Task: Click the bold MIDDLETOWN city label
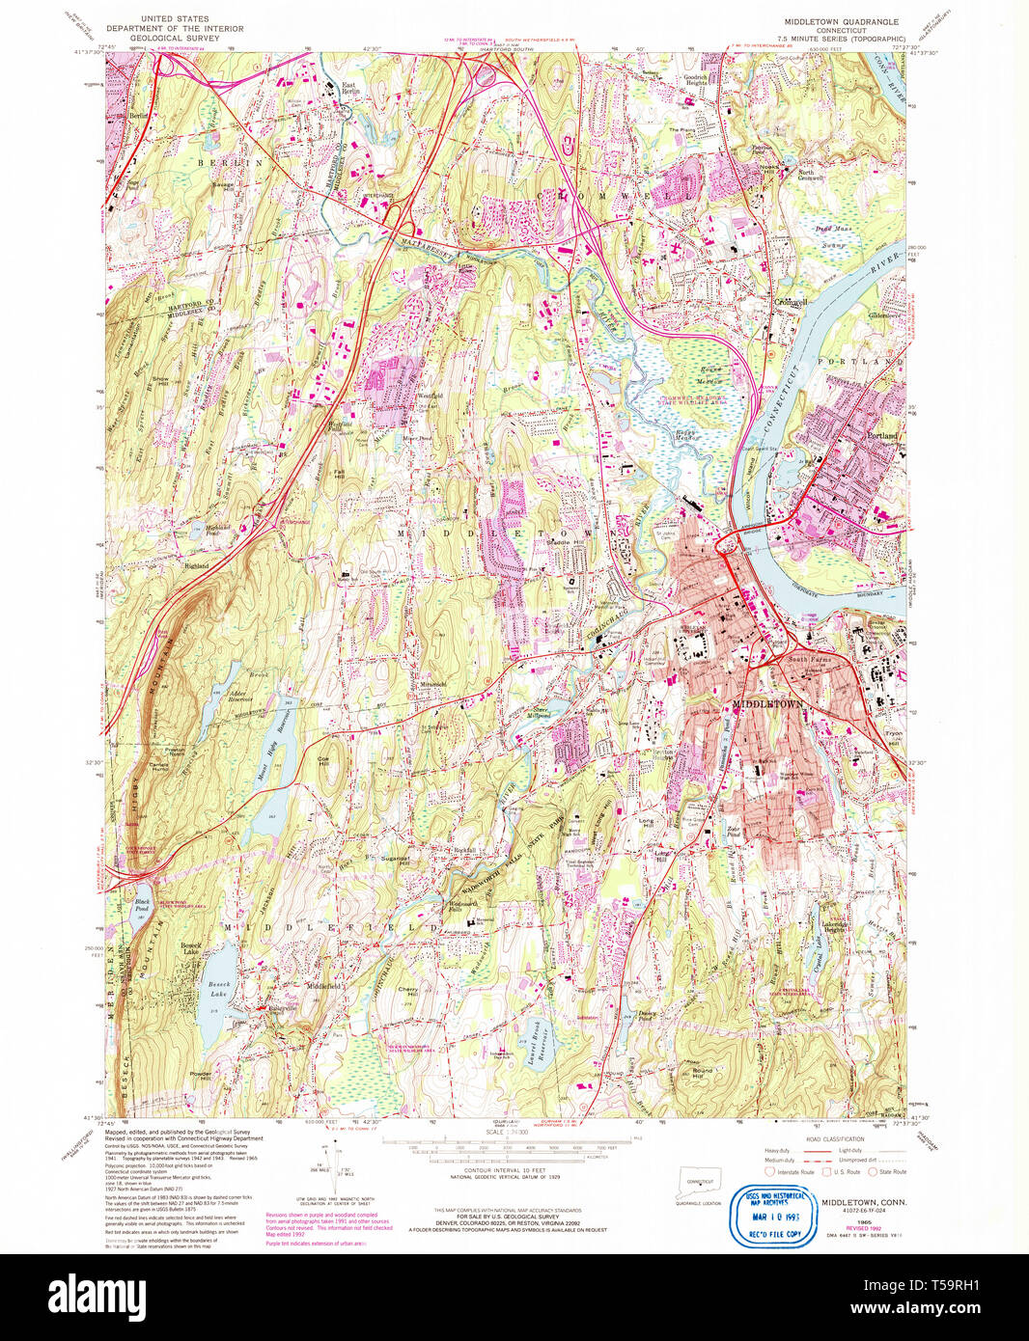pos(767,705)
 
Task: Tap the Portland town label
pos(881,436)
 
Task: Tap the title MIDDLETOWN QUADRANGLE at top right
pos(842,20)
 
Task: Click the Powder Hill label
pos(201,1076)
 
